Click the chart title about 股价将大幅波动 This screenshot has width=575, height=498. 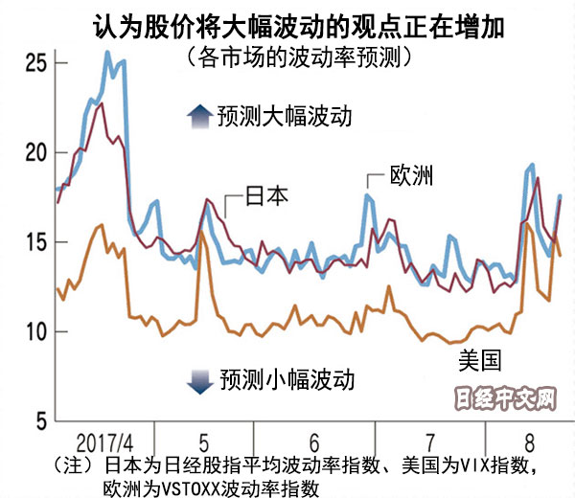click(x=287, y=21)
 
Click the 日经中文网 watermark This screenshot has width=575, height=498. click(x=504, y=396)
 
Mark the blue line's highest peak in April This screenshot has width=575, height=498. click(x=107, y=53)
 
